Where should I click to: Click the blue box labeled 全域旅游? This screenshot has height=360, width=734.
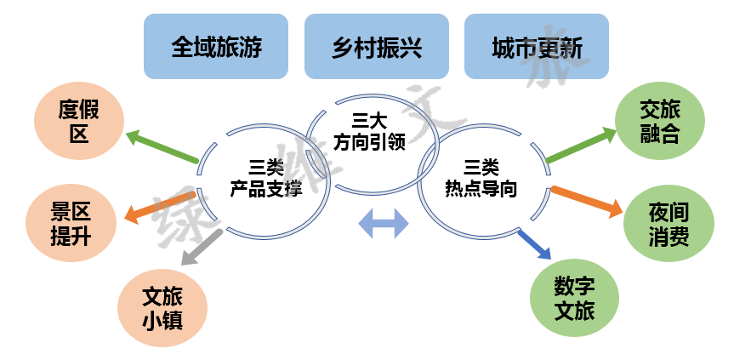(216, 46)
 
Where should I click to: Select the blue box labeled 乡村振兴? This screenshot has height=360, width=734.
(376, 46)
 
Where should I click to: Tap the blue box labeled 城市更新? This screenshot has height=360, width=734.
(536, 46)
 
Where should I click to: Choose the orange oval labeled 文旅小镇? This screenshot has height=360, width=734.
(162, 308)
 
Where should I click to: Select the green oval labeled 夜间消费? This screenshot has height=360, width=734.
(668, 223)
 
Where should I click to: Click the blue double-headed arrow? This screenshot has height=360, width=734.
(384, 224)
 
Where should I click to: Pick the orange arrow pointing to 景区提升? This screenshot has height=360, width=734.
(162, 207)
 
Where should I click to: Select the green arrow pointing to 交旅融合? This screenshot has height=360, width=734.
(581, 145)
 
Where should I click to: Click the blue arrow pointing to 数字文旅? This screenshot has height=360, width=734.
(535, 244)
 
